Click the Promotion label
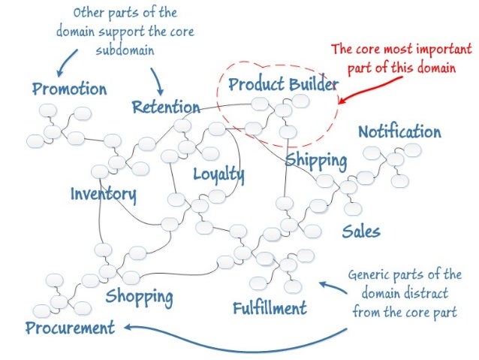point(69,89)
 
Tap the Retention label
point(166,107)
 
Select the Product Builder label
point(283,84)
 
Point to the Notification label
point(399,132)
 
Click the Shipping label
point(315,160)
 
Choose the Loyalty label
point(218,174)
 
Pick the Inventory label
point(104,195)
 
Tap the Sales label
point(361,231)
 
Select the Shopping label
point(140,295)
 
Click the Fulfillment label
point(270,308)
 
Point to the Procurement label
point(70,328)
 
